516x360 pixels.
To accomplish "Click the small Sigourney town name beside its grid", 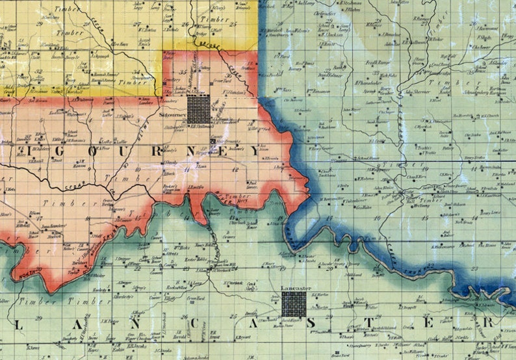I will tap(172, 115).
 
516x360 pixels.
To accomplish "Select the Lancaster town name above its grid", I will tap(294, 287).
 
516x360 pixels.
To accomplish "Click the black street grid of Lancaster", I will tap(294, 304).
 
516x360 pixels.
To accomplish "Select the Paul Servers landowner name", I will tap(253, 185).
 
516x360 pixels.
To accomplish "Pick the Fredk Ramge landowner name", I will tap(376, 63).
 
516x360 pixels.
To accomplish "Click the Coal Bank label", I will tap(441, 64).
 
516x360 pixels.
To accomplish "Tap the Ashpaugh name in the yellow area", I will tap(96, 55).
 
